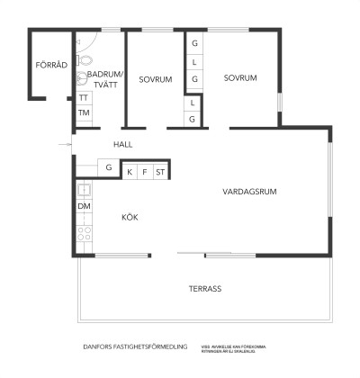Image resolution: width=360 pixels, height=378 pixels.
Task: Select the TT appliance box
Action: pos(84,97)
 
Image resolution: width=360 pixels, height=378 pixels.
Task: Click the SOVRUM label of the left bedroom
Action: pos(156,79)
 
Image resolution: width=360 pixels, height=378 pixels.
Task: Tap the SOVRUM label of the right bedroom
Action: pos(241,78)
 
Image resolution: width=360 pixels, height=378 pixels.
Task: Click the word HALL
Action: pos(123,144)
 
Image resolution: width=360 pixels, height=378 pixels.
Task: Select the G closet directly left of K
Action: pos(108,167)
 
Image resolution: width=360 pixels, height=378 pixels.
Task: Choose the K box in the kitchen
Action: pos(130,170)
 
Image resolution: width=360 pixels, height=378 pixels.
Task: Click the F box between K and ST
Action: pos(144,170)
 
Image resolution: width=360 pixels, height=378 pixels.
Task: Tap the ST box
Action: pos(160,170)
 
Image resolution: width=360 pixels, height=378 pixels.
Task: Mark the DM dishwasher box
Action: pos(84,206)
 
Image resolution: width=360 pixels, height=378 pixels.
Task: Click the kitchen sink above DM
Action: pos(84,190)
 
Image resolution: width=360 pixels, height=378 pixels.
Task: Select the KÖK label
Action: pos(131,217)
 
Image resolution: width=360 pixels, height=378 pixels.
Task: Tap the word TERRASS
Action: pos(204,289)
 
